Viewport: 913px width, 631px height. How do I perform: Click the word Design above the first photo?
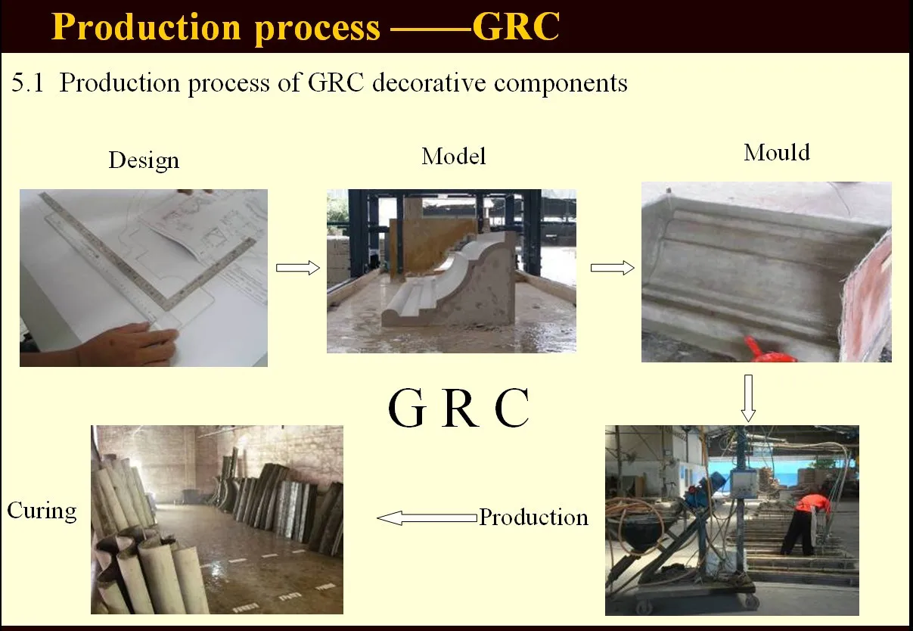click(x=144, y=160)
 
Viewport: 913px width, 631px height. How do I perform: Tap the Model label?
click(x=454, y=157)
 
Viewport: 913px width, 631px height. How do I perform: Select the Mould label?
click(x=777, y=153)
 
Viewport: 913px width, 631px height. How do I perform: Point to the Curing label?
click(x=42, y=511)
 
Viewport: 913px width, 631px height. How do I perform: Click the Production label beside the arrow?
click(x=534, y=518)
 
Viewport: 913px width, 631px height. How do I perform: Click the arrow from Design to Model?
click(x=298, y=268)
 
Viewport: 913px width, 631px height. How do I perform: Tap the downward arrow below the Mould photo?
click(x=748, y=397)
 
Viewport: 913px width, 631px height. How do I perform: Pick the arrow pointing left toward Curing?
click(x=427, y=518)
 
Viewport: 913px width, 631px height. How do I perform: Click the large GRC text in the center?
click(x=458, y=409)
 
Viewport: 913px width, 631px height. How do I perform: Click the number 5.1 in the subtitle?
click(x=29, y=82)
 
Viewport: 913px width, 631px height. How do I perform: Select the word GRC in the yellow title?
click(x=516, y=26)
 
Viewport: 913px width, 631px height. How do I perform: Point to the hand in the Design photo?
click(x=136, y=341)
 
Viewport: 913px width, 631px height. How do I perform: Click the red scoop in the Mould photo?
click(x=764, y=349)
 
